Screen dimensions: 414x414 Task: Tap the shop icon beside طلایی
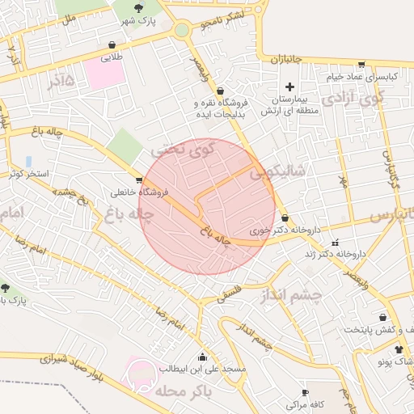112,45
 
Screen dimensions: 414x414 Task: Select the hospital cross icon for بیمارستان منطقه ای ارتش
289,87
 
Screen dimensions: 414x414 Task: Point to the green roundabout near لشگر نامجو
182,31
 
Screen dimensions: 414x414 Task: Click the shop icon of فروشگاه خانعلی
139,180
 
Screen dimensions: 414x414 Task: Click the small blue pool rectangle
29,161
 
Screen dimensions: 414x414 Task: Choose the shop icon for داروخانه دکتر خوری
285,218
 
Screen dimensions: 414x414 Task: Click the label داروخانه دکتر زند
335,254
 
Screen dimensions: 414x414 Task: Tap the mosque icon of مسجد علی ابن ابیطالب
202,357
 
